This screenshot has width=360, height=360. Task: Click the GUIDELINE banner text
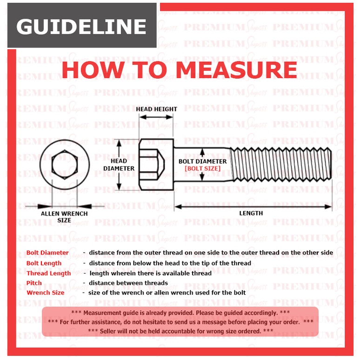[81, 27]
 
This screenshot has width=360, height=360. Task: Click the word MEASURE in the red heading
[237, 70]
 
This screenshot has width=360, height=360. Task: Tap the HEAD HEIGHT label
[156, 109]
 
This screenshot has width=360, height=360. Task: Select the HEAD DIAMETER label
[119, 165]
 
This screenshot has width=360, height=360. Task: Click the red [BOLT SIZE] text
[202, 168]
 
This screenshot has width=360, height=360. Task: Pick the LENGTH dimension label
[251, 213]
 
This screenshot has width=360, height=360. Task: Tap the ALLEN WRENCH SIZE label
[64, 217]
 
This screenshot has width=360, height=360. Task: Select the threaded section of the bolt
[281, 165]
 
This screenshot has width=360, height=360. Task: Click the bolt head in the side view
[156, 165]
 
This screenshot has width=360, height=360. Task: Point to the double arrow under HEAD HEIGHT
[156, 117]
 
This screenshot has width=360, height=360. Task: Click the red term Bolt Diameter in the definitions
[47, 253]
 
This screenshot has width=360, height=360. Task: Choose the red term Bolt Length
[44, 263]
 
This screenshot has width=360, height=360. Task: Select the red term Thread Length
[48, 273]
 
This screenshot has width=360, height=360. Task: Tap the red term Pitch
[34, 283]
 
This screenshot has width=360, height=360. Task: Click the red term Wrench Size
[45, 293]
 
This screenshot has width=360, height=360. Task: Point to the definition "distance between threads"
[128, 283]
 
